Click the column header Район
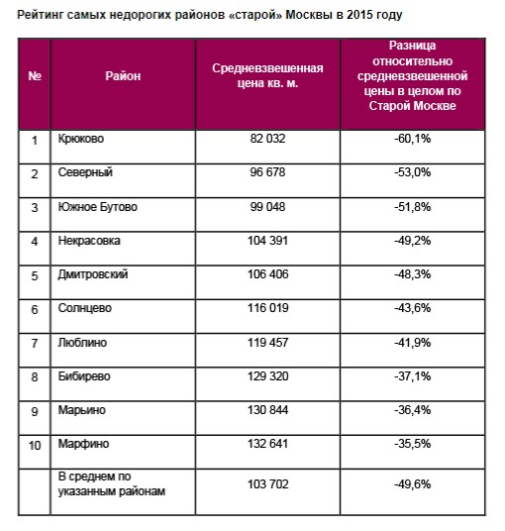pyautogui.click(x=123, y=76)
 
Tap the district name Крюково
pyautogui.click(x=81, y=139)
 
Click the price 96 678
pyautogui.click(x=267, y=172)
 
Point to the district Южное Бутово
pyautogui.click(x=97, y=207)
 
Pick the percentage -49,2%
pyautogui.click(x=412, y=241)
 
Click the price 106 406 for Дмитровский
pyautogui.click(x=267, y=274)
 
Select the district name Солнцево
pyautogui.click(x=84, y=308)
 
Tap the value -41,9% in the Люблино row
pyautogui.click(x=412, y=343)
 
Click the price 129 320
pyautogui.click(x=267, y=376)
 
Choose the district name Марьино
pyautogui.click(x=81, y=410)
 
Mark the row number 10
pyautogui.click(x=35, y=446)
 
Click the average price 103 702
pyautogui.click(x=267, y=484)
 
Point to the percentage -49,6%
pyautogui.click(x=412, y=484)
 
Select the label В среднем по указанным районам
pyautogui.click(x=111, y=483)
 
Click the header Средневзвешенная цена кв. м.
pyautogui.click(x=267, y=75)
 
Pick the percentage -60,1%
pyautogui.click(x=412, y=139)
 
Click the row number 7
pyautogui.click(x=35, y=344)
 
